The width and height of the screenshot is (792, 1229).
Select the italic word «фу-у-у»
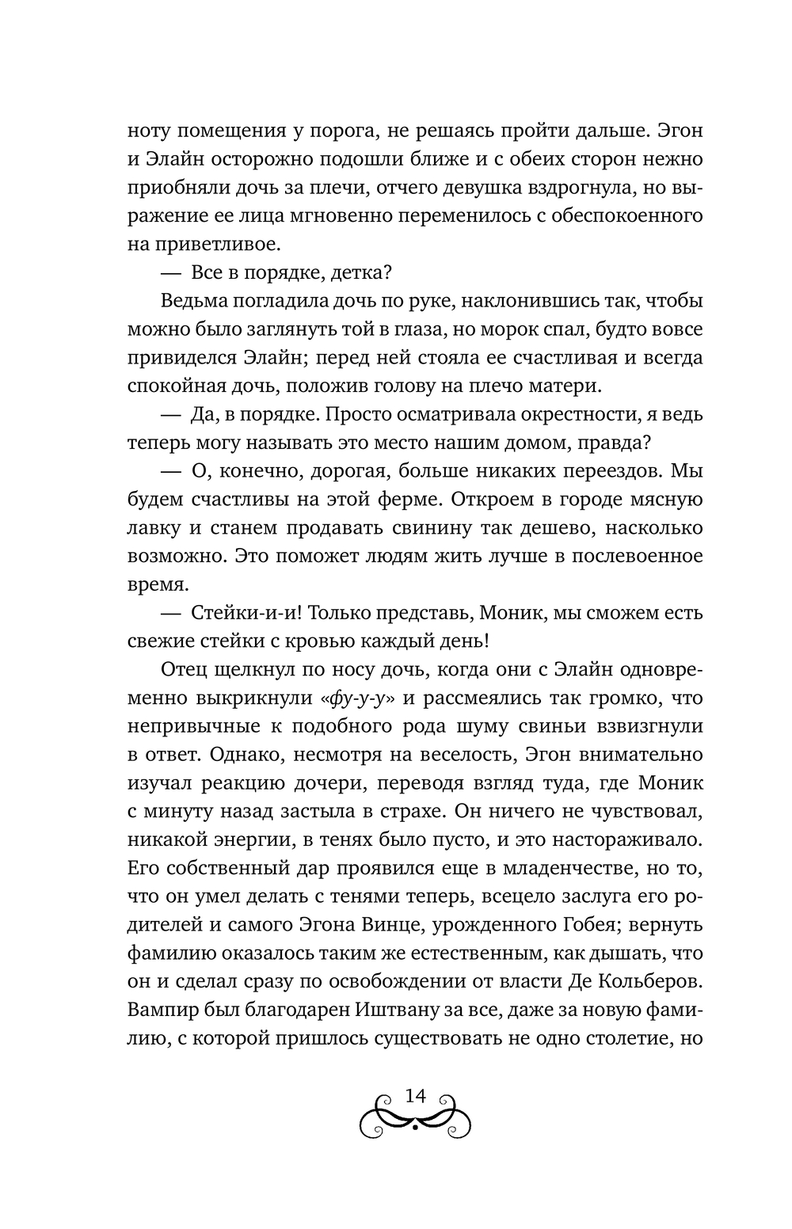pos(360,698)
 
